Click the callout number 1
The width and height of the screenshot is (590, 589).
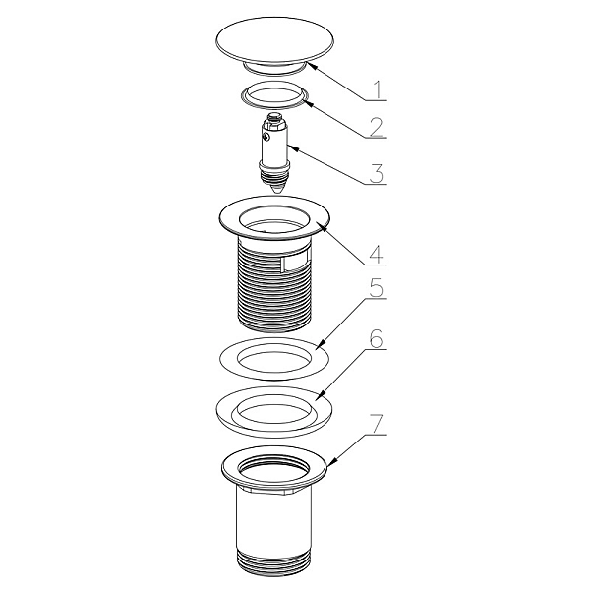click(379, 89)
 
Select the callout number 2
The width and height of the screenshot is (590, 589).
click(376, 127)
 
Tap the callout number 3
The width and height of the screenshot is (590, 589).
click(377, 173)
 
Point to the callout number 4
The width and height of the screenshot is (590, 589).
click(376, 254)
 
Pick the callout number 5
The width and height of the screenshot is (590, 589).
click(376, 287)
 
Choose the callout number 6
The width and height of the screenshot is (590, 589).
click(376, 338)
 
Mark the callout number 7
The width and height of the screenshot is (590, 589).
click(376, 424)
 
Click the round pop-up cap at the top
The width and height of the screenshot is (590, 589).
click(275, 44)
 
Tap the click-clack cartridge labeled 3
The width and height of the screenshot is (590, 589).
click(274, 153)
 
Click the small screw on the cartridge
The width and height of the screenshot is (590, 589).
click(266, 137)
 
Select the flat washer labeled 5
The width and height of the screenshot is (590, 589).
click(274, 359)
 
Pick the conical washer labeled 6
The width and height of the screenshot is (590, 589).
click(274, 412)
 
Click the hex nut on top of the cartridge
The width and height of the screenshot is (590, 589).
click(274, 121)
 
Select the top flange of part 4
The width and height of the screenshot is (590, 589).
click(274, 218)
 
